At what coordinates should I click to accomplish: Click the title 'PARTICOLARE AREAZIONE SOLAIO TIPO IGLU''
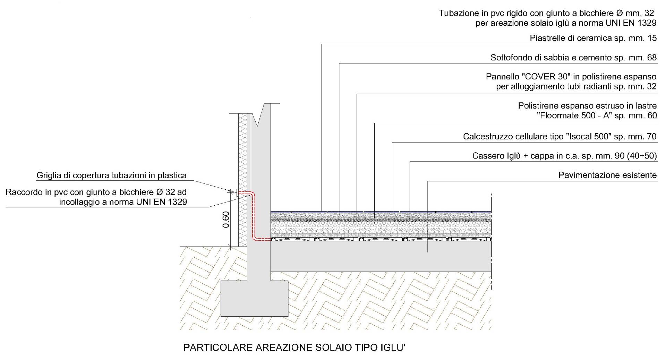click(x=294, y=348)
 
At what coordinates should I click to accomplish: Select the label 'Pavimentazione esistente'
click(x=607, y=175)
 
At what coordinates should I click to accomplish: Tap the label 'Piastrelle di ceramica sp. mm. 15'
click(x=593, y=38)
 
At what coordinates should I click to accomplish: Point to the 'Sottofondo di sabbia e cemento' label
click(x=551, y=58)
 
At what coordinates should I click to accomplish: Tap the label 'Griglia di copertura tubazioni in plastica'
click(x=111, y=175)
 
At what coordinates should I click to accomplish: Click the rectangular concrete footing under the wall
click(x=254, y=298)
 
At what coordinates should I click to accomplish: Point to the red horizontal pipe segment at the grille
click(x=245, y=193)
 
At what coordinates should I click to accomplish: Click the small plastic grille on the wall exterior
click(x=237, y=193)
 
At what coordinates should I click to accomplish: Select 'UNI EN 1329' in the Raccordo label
click(x=164, y=202)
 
